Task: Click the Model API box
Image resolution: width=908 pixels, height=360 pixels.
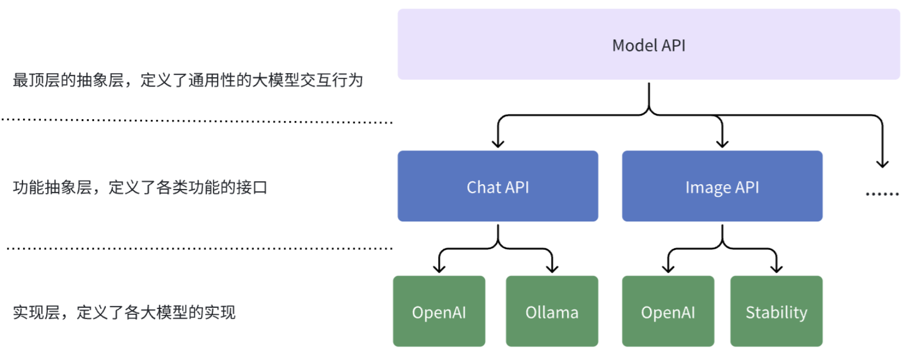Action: (648, 44)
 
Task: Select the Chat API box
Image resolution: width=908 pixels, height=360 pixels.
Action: (498, 186)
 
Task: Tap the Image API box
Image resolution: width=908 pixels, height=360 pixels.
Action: (723, 186)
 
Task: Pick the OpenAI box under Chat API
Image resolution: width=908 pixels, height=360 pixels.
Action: (439, 311)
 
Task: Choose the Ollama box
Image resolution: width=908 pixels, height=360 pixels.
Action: (552, 311)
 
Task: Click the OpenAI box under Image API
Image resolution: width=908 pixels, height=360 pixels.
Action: (668, 311)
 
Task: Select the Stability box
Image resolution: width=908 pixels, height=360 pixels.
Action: (777, 311)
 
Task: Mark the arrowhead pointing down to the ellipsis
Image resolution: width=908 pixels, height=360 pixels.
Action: (882, 164)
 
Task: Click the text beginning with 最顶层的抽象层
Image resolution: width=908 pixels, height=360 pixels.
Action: (188, 80)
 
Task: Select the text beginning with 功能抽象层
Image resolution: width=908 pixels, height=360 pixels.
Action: (140, 188)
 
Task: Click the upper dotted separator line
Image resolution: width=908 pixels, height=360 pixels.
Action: (197, 121)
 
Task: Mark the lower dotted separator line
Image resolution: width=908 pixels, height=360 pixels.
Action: (200, 248)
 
